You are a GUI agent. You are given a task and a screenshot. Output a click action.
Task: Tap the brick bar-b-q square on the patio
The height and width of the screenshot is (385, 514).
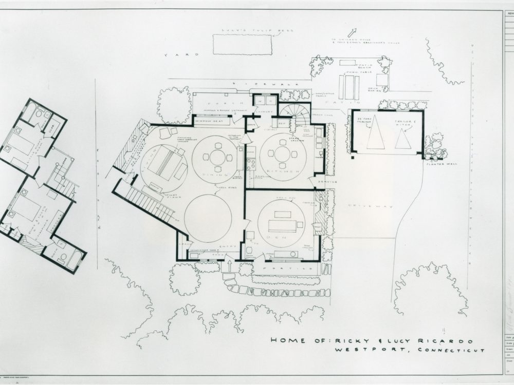382,80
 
